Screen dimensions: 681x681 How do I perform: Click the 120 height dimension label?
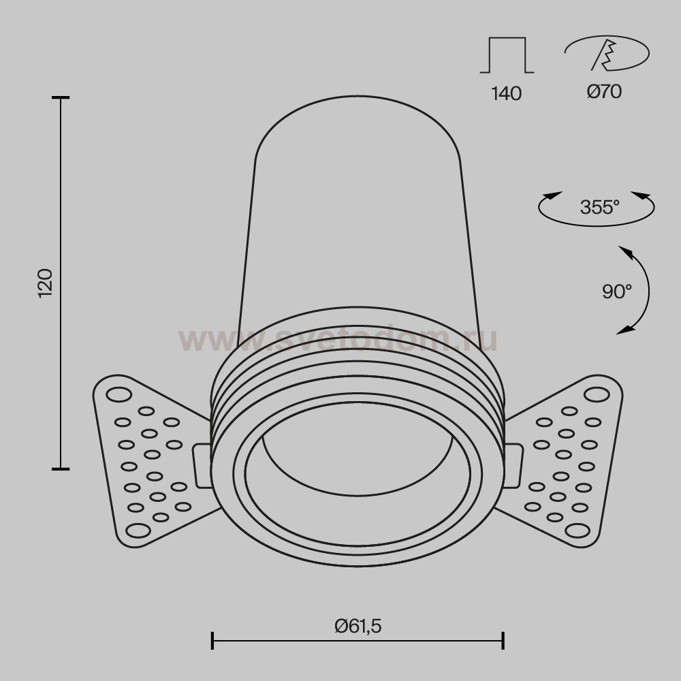coord(46,283)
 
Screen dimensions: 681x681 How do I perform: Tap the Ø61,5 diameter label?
coord(358,627)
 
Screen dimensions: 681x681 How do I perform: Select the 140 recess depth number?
coord(507,93)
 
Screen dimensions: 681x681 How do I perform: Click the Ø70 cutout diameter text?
coord(604,91)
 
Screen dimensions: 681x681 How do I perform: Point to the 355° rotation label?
coord(600,207)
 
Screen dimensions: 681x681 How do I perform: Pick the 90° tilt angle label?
coord(617,291)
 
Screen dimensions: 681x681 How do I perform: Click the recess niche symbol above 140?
coord(507,55)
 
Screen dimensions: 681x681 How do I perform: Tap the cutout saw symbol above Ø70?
coord(607,53)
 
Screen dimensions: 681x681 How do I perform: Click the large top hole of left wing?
coord(118,395)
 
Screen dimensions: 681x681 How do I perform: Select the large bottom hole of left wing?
coord(138,530)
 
